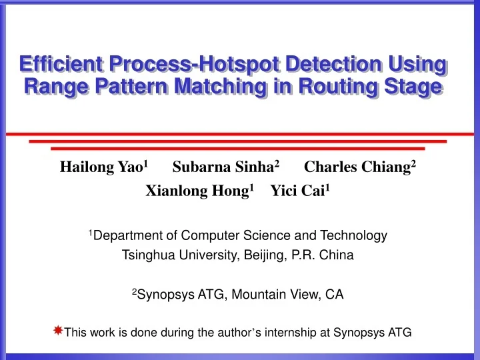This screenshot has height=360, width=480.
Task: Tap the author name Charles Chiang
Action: click(x=357, y=167)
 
